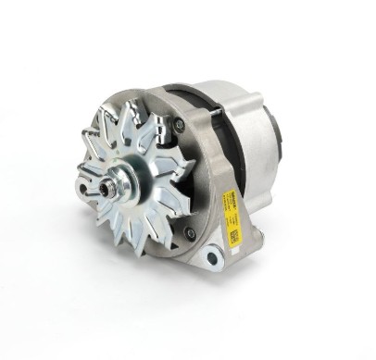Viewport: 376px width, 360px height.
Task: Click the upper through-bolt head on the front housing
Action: (178, 123)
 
